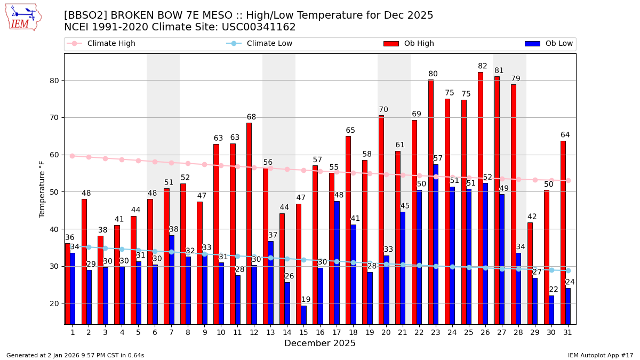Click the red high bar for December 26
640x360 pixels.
point(481,198)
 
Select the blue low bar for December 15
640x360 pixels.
point(303,315)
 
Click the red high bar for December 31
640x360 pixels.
point(563,232)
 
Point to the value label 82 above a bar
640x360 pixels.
point(483,66)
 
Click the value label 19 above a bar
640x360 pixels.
point(306,300)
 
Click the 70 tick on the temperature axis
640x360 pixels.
point(54,117)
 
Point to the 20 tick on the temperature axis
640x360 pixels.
point(54,303)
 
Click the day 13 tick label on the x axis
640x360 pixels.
point(270,332)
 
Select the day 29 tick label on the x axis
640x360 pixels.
point(535,332)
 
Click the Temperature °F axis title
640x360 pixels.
point(42,189)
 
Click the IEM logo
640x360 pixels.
point(23,17)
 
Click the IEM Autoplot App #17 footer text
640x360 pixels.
point(600,355)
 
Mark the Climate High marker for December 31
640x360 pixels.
point(568,180)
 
